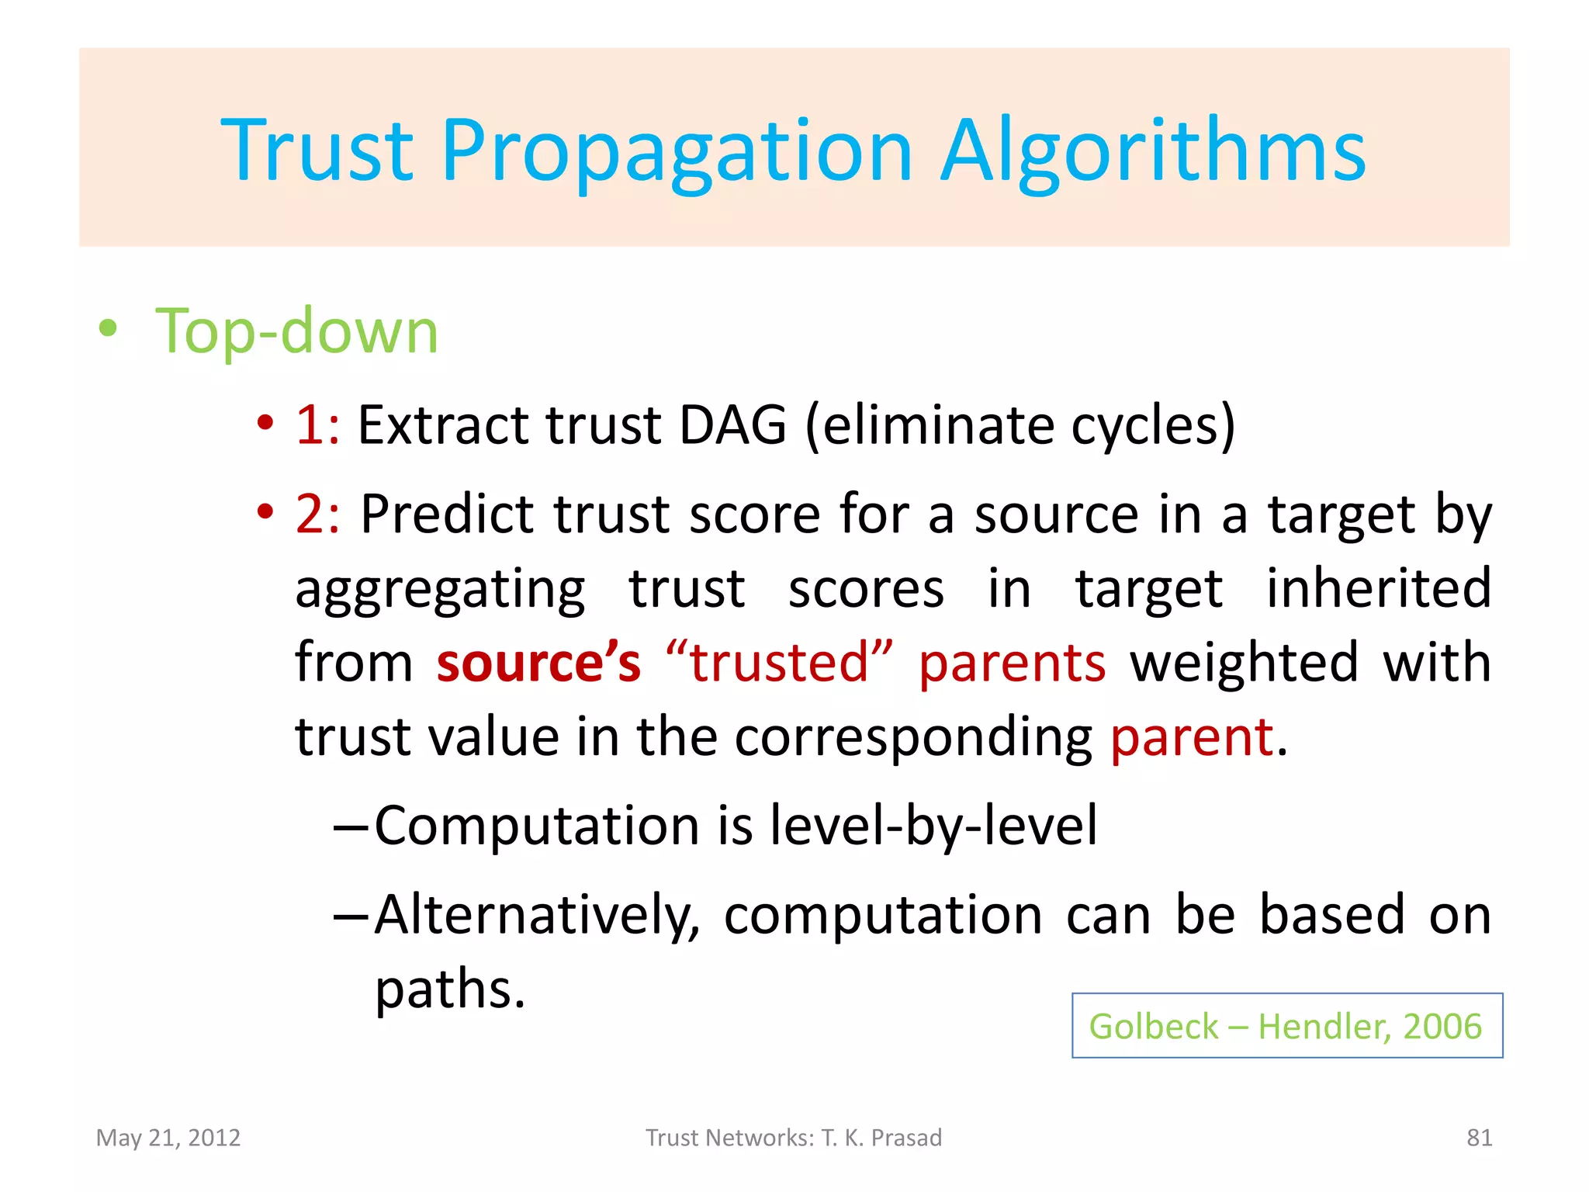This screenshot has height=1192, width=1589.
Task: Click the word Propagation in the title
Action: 677,151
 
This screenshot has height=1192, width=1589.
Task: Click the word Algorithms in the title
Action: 1153,151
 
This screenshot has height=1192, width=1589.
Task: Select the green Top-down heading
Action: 297,331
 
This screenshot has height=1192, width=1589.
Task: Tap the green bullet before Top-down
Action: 108,328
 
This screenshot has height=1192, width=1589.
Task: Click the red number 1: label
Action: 317,425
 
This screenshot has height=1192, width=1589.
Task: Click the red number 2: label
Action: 317,514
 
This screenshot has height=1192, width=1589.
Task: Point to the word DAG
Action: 732,425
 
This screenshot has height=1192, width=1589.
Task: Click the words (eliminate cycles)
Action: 1020,427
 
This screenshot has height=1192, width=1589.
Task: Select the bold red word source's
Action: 538,663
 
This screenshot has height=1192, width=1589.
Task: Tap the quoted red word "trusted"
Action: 779,663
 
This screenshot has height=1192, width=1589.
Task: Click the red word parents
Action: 1012,664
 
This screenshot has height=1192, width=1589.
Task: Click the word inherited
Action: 1378,588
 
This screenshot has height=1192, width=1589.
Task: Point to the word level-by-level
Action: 933,826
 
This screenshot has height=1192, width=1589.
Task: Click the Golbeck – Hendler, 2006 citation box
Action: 1286,1026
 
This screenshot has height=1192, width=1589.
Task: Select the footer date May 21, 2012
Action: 168,1138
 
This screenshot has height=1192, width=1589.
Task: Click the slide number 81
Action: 1479,1138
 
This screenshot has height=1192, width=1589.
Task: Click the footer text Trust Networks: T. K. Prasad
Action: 794,1138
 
